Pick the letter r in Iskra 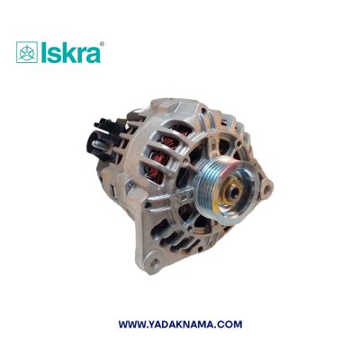pyautogui.click(x=78, y=53)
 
